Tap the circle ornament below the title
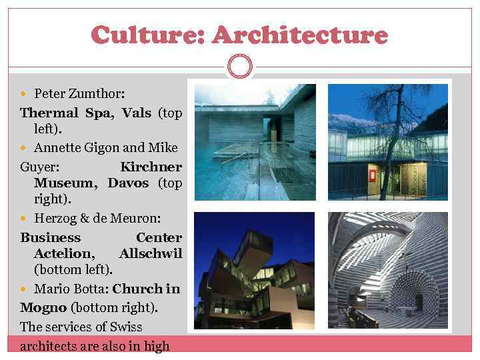pyautogui.click(x=239, y=65)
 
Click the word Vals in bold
pyautogui.click(x=137, y=113)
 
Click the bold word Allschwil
pyautogui.click(x=150, y=253)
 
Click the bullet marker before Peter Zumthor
pyautogui.click(x=25, y=93)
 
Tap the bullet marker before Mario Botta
pyautogui.click(x=25, y=289)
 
